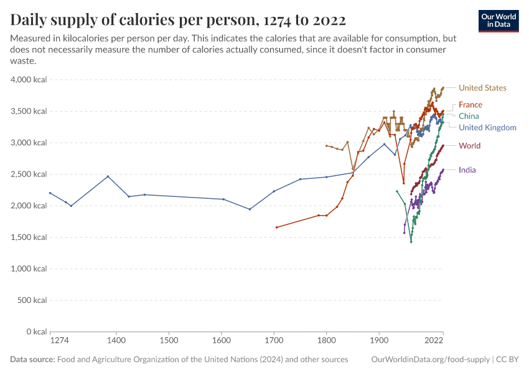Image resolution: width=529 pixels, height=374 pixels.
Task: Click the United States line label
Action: (482, 88)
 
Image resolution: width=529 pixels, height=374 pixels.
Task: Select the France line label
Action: (470, 105)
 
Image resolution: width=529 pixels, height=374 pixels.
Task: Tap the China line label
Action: (469, 116)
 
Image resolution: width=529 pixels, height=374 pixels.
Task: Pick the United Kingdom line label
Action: (487, 128)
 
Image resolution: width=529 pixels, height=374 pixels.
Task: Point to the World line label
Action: (469, 146)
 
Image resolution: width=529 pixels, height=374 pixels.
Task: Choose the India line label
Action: (467, 170)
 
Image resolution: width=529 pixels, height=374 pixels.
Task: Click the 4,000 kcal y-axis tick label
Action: (29, 80)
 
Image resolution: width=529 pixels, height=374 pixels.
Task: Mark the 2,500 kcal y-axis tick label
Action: (29, 174)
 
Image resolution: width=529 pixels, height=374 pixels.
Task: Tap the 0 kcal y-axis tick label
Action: (35, 332)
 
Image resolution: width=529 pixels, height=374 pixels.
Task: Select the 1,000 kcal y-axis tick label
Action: (29, 269)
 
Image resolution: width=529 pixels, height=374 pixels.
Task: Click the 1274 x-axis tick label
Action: (59, 341)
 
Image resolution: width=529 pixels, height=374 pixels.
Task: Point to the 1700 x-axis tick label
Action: (274, 341)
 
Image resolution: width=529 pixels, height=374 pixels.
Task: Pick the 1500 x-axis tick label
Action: (169, 341)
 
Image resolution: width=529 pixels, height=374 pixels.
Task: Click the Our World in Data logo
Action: (499, 21)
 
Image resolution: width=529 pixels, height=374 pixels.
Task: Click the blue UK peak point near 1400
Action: (108, 176)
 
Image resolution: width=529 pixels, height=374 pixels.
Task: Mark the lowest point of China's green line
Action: (411, 242)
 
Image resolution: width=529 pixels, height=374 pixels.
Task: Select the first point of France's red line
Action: (276, 228)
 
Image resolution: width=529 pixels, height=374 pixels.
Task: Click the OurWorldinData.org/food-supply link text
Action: (430, 360)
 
